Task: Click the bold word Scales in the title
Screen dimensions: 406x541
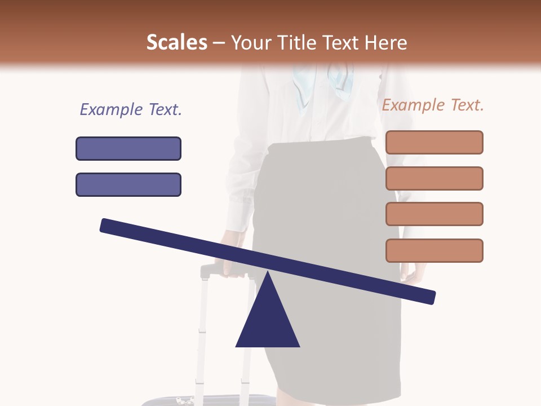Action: pos(176,42)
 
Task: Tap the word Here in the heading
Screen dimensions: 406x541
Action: pos(385,42)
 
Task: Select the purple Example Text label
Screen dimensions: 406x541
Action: pos(131,109)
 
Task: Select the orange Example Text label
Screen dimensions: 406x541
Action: pos(433,105)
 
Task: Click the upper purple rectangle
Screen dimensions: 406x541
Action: pos(128,148)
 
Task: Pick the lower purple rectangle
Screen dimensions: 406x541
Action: pos(128,184)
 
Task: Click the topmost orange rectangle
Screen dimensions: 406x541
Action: pos(434,142)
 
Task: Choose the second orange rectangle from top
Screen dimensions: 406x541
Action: pos(434,178)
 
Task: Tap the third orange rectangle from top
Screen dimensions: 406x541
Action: pos(434,214)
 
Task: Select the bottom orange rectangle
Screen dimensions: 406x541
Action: pos(434,250)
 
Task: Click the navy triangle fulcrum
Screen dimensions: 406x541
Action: pos(268,321)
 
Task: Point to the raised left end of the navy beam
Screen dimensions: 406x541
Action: pos(107,226)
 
